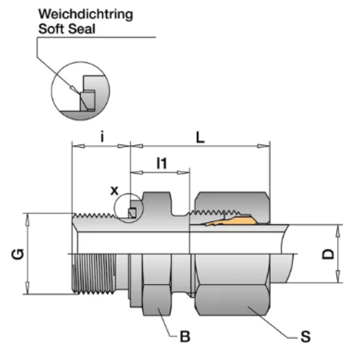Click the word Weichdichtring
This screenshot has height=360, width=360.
[85, 14]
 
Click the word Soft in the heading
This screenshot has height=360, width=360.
[51, 28]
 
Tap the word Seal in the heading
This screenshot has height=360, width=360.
[81, 28]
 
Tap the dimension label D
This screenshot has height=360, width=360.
[329, 254]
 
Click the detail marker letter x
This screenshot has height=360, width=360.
[114, 190]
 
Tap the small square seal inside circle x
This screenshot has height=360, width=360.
[132, 212]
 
